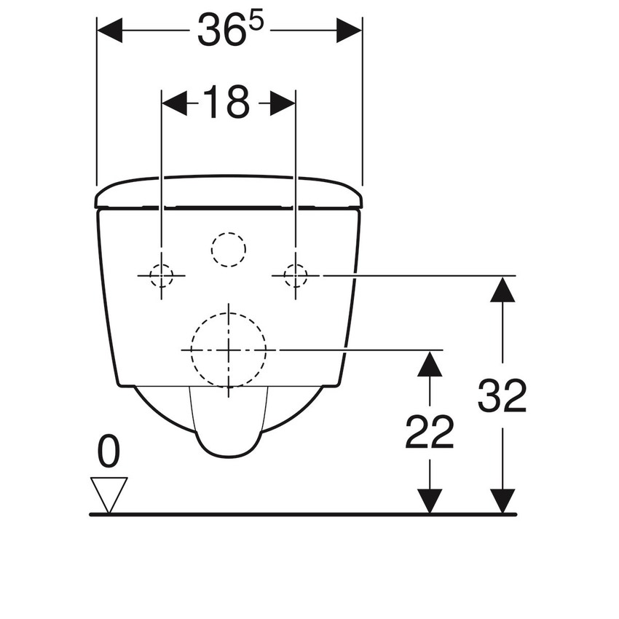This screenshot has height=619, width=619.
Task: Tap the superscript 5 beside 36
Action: [x=257, y=23]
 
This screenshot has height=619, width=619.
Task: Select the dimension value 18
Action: [x=226, y=103]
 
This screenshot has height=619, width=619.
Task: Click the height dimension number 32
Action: [x=502, y=398]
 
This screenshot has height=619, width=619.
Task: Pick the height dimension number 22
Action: [x=430, y=433]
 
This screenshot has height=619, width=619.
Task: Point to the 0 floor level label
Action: [x=109, y=453]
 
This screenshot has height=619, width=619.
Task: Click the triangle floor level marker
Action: [x=109, y=493]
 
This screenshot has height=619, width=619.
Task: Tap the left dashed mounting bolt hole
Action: [x=161, y=276]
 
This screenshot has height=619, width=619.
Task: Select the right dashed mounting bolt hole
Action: [x=295, y=276]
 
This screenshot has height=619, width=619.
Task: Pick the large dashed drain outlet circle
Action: [x=228, y=349]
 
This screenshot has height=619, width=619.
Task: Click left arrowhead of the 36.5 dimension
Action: [x=109, y=31]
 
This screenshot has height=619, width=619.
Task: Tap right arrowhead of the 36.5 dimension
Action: [x=350, y=31]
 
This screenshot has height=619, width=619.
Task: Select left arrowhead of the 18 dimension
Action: [x=173, y=103]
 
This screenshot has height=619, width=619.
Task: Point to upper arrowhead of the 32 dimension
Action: [x=502, y=289]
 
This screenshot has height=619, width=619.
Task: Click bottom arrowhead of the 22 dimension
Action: [x=430, y=501]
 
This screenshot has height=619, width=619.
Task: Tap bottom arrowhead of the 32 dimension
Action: [x=502, y=501]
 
